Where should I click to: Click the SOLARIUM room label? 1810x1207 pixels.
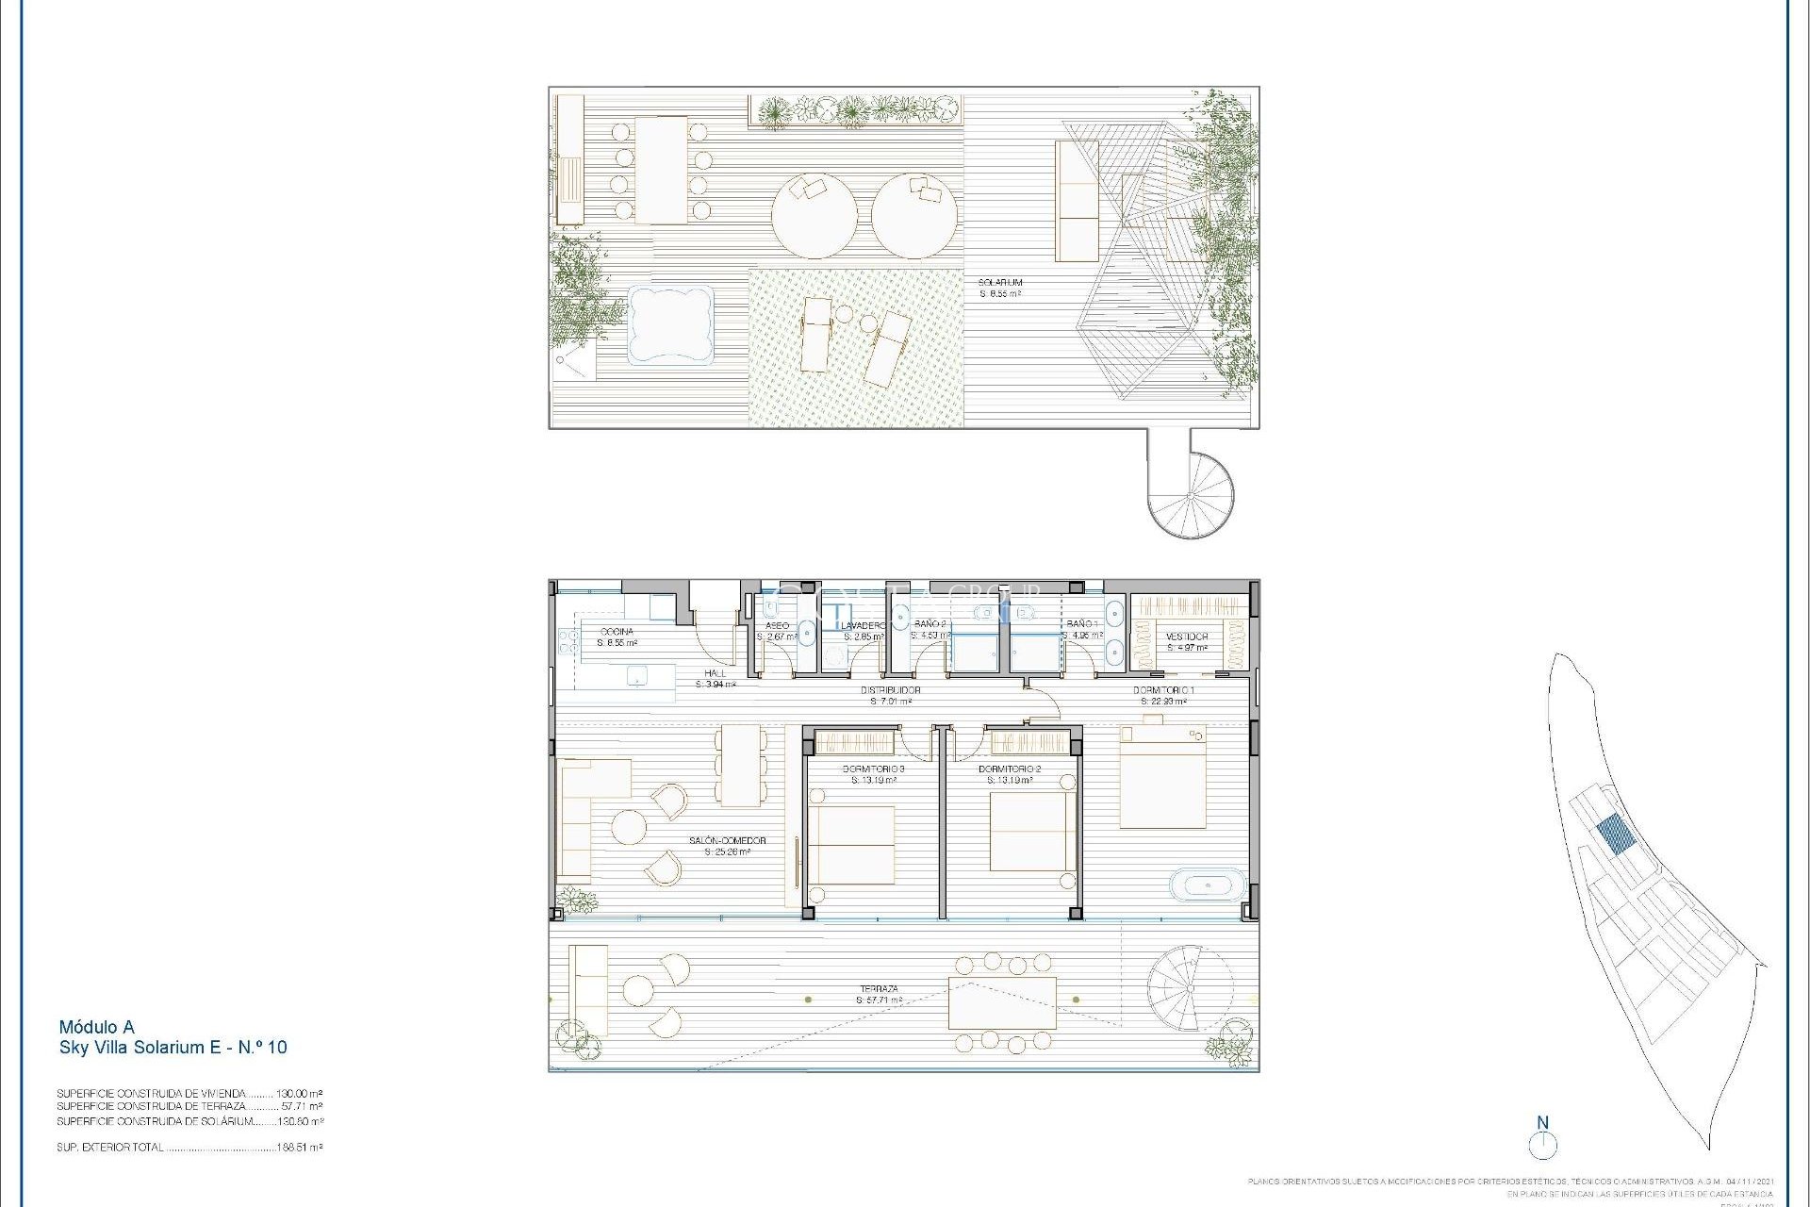1000,283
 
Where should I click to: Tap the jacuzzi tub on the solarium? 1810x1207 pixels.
670,324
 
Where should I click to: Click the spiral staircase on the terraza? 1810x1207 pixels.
1190,988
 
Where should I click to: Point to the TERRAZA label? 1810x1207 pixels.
878,990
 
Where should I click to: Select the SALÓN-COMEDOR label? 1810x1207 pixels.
727,841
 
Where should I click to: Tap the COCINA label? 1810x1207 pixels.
617,632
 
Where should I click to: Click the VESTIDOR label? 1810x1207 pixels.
1187,637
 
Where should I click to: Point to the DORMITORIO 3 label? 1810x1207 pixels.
873,769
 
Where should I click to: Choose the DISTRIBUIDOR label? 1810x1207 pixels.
890,690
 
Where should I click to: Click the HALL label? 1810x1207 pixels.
716,673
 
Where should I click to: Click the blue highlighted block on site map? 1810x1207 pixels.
1616,835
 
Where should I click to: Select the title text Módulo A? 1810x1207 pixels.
96,1027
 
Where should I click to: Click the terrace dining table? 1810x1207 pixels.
1002,1003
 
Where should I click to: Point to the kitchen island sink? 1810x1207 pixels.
638,675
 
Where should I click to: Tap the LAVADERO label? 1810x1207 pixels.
863,626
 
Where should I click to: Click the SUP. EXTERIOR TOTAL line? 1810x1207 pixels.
189,1148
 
